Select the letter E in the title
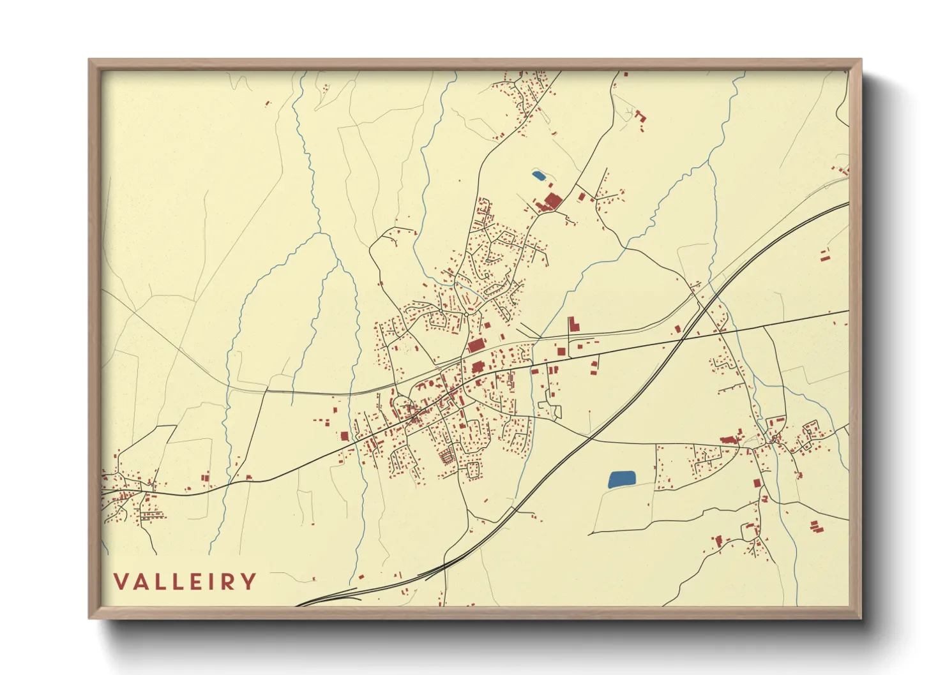(187, 582)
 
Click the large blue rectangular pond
(622, 479)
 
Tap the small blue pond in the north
(538, 175)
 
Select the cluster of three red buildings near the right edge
(813, 526)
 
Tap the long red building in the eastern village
(729, 440)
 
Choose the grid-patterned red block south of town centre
(446, 456)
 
